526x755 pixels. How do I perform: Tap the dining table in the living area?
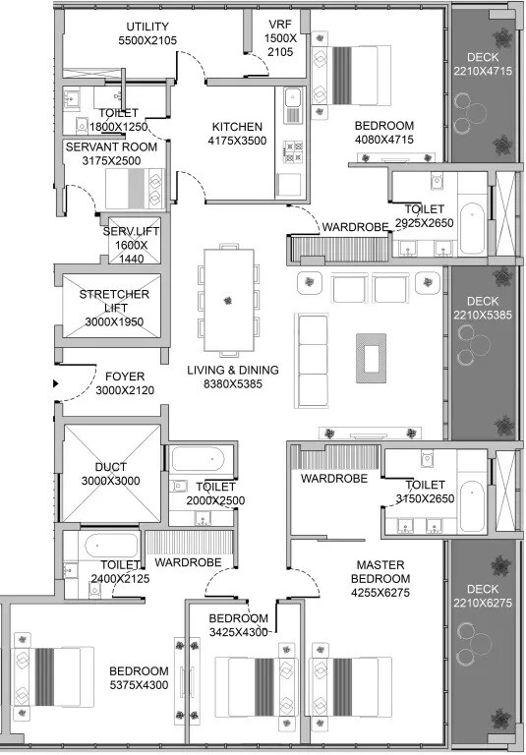click(x=228, y=300)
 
